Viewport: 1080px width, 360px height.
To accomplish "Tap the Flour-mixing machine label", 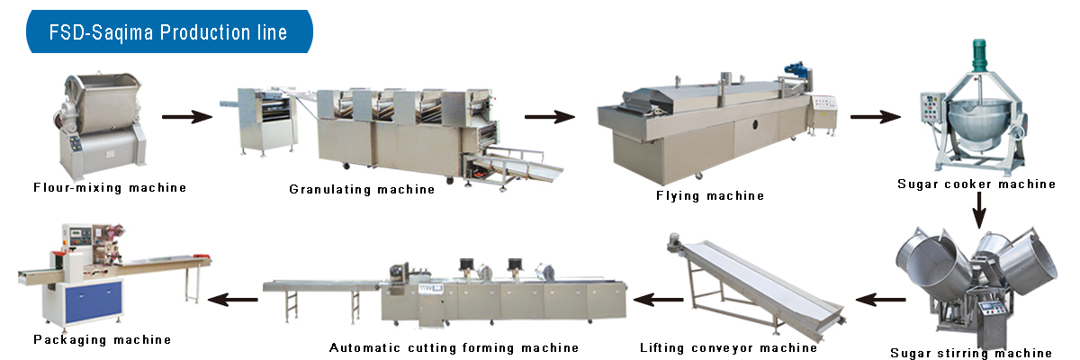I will pos(110,188).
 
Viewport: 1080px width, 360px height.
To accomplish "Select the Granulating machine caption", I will pos(362,189).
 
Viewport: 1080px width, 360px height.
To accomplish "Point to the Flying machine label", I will pos(710,195).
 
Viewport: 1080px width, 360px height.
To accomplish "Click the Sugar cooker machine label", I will pos(976,184).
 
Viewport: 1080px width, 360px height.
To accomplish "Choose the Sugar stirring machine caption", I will pos(971,353).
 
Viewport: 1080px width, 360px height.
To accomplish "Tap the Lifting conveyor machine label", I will pos(729,347).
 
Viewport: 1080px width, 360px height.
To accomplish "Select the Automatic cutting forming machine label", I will pos(454,347).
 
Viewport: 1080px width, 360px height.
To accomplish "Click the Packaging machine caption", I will pos(102,339).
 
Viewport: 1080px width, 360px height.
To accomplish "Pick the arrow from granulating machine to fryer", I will pos(550,116).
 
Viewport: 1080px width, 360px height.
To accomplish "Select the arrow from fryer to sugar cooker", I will pos(876,116).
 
